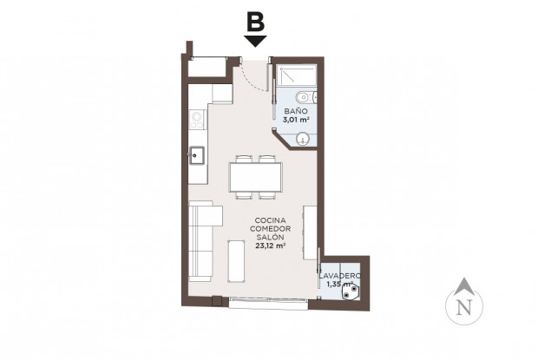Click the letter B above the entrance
click(x=255, y=20)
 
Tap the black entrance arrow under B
click(x=255, y=40)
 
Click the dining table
click(x=256, y=178)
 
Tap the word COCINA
click(x=271, y=220)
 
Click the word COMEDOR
click(x=271, y=229)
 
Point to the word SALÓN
click(x=271, y=237)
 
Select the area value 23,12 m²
click(x=271, y=245)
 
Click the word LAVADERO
click(x=339, y=276)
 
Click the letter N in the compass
click(x=464, y=305)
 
